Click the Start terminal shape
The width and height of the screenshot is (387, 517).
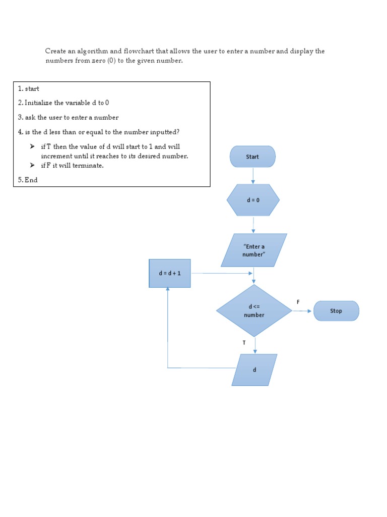pyautogui.click(x=252, y=157)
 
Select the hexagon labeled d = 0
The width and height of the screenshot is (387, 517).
pyautogui.click(x=253, y=200)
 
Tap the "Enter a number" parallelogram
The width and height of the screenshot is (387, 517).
pyautogui.click(x=253, y=250)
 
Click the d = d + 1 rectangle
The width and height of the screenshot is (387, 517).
pyautogui.click(x=170, y=273)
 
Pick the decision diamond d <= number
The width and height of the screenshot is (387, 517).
pyautogui.click(x=254, y=311)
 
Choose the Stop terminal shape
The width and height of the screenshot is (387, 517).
pyautogui.click(x=336, y=311)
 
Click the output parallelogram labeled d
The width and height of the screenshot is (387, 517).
pyautogui.click(x=254, y=370)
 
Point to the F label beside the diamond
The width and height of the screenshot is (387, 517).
pyautogui.click(x=298, y=302)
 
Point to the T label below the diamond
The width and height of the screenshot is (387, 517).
pyautogui.click(x=244, y=342)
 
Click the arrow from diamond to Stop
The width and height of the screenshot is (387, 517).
pyautogui.click(x=302, y=311)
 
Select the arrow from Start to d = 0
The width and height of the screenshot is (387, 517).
pyautogui.click(x=253, y=175)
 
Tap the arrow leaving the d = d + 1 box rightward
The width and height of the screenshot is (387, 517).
pyautogui.click(x=222, y=273)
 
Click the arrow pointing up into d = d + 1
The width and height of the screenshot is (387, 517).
pyautogui.click(x=168, y=323)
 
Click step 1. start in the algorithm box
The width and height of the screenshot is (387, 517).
pyautogui.click(x=28, y=89)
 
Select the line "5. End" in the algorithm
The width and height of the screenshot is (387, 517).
pyautogui.click(x=28, y=180)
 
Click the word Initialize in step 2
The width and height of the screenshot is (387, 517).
pyautogui.click(x=40, y=103)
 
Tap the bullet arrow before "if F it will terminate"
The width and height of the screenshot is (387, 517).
pyautogui.click(x=32, y=165)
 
